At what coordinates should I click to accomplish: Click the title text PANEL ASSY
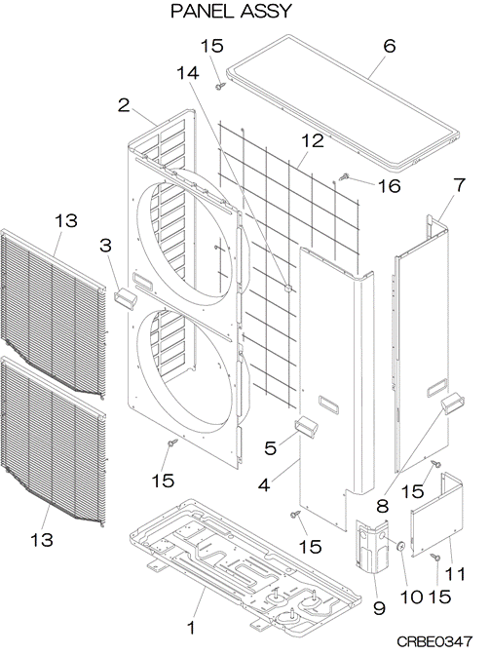pos(231,12)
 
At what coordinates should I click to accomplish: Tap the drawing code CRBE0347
pos(434,641)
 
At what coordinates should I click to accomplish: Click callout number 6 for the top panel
pos(389,46)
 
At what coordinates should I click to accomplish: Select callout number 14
pos(188,73)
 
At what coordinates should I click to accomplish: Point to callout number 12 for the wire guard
pos(312,140)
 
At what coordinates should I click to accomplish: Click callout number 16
pos(389,185)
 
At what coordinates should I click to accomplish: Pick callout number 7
pos(459,184)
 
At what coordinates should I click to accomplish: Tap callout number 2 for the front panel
pos(124,105)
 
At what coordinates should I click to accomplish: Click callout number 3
pos(105,246)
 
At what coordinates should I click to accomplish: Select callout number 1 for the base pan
pos(190,628)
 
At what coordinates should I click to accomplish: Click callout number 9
pos(379,608)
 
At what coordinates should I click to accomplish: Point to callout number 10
pos(411,597)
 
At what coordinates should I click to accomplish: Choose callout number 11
pos(455,574)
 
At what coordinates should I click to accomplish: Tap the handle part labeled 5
pos(307,427)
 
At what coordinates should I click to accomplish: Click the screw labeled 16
pos(345,176)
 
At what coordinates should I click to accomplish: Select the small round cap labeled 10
pos(401,545)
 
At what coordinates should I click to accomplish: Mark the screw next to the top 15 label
pos(221,86)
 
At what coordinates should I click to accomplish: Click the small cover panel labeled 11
pos(437,515)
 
